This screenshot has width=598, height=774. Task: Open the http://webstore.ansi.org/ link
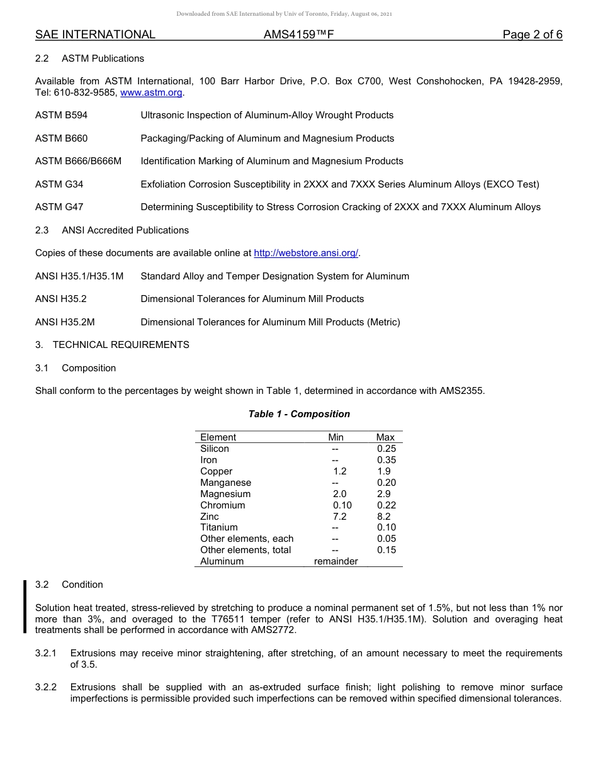[305, 253]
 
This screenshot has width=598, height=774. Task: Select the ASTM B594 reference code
[62, 115]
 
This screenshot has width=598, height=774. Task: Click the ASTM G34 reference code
[59, 184]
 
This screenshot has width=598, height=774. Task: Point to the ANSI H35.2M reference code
[65, 322]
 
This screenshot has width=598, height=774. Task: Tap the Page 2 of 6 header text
[532, 35]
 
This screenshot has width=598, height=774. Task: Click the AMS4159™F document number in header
[298, 35]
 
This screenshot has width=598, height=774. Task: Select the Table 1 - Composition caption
[299, 414]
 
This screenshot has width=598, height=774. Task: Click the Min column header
[336, 437]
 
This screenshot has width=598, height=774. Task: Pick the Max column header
[385, 437]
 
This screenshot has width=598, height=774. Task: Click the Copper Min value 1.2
[339, 471]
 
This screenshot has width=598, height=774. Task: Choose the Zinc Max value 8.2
[384, 517]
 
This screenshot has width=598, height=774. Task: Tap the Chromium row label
[223, 505]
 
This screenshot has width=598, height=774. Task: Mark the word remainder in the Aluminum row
[336, 561]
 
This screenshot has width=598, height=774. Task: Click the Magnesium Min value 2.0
[339, 494]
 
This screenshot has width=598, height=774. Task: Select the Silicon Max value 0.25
[386, 449]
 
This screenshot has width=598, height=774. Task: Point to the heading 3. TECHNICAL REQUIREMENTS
[112, 345]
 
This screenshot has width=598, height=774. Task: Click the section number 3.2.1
[46, 653]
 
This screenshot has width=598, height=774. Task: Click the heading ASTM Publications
[103, 59]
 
